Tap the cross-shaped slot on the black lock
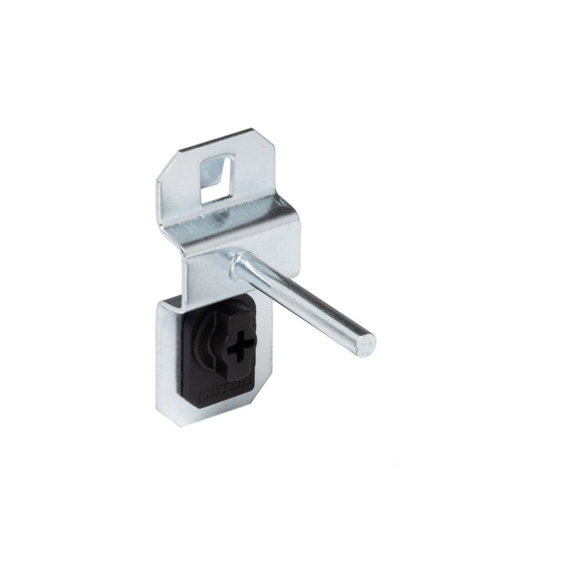pos(239,349)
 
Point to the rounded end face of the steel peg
pos(366,345)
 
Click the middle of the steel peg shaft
pos(304,303)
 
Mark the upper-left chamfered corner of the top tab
pos(165,165)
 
